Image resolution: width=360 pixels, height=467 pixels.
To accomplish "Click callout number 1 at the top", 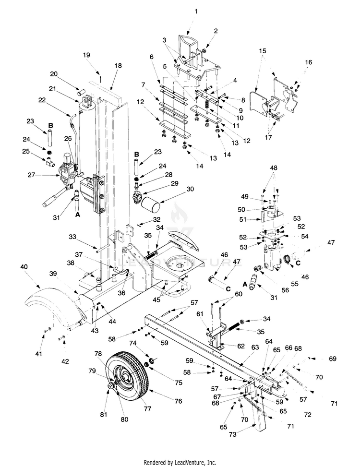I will pos(195,11).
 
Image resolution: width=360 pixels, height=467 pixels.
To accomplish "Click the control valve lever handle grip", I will pos(48,203).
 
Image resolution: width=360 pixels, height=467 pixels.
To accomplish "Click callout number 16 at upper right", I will pos(309,62).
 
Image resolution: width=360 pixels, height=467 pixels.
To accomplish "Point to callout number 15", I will pos(262,50).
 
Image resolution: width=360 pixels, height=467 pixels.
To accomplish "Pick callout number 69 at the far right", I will pos(333,359).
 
